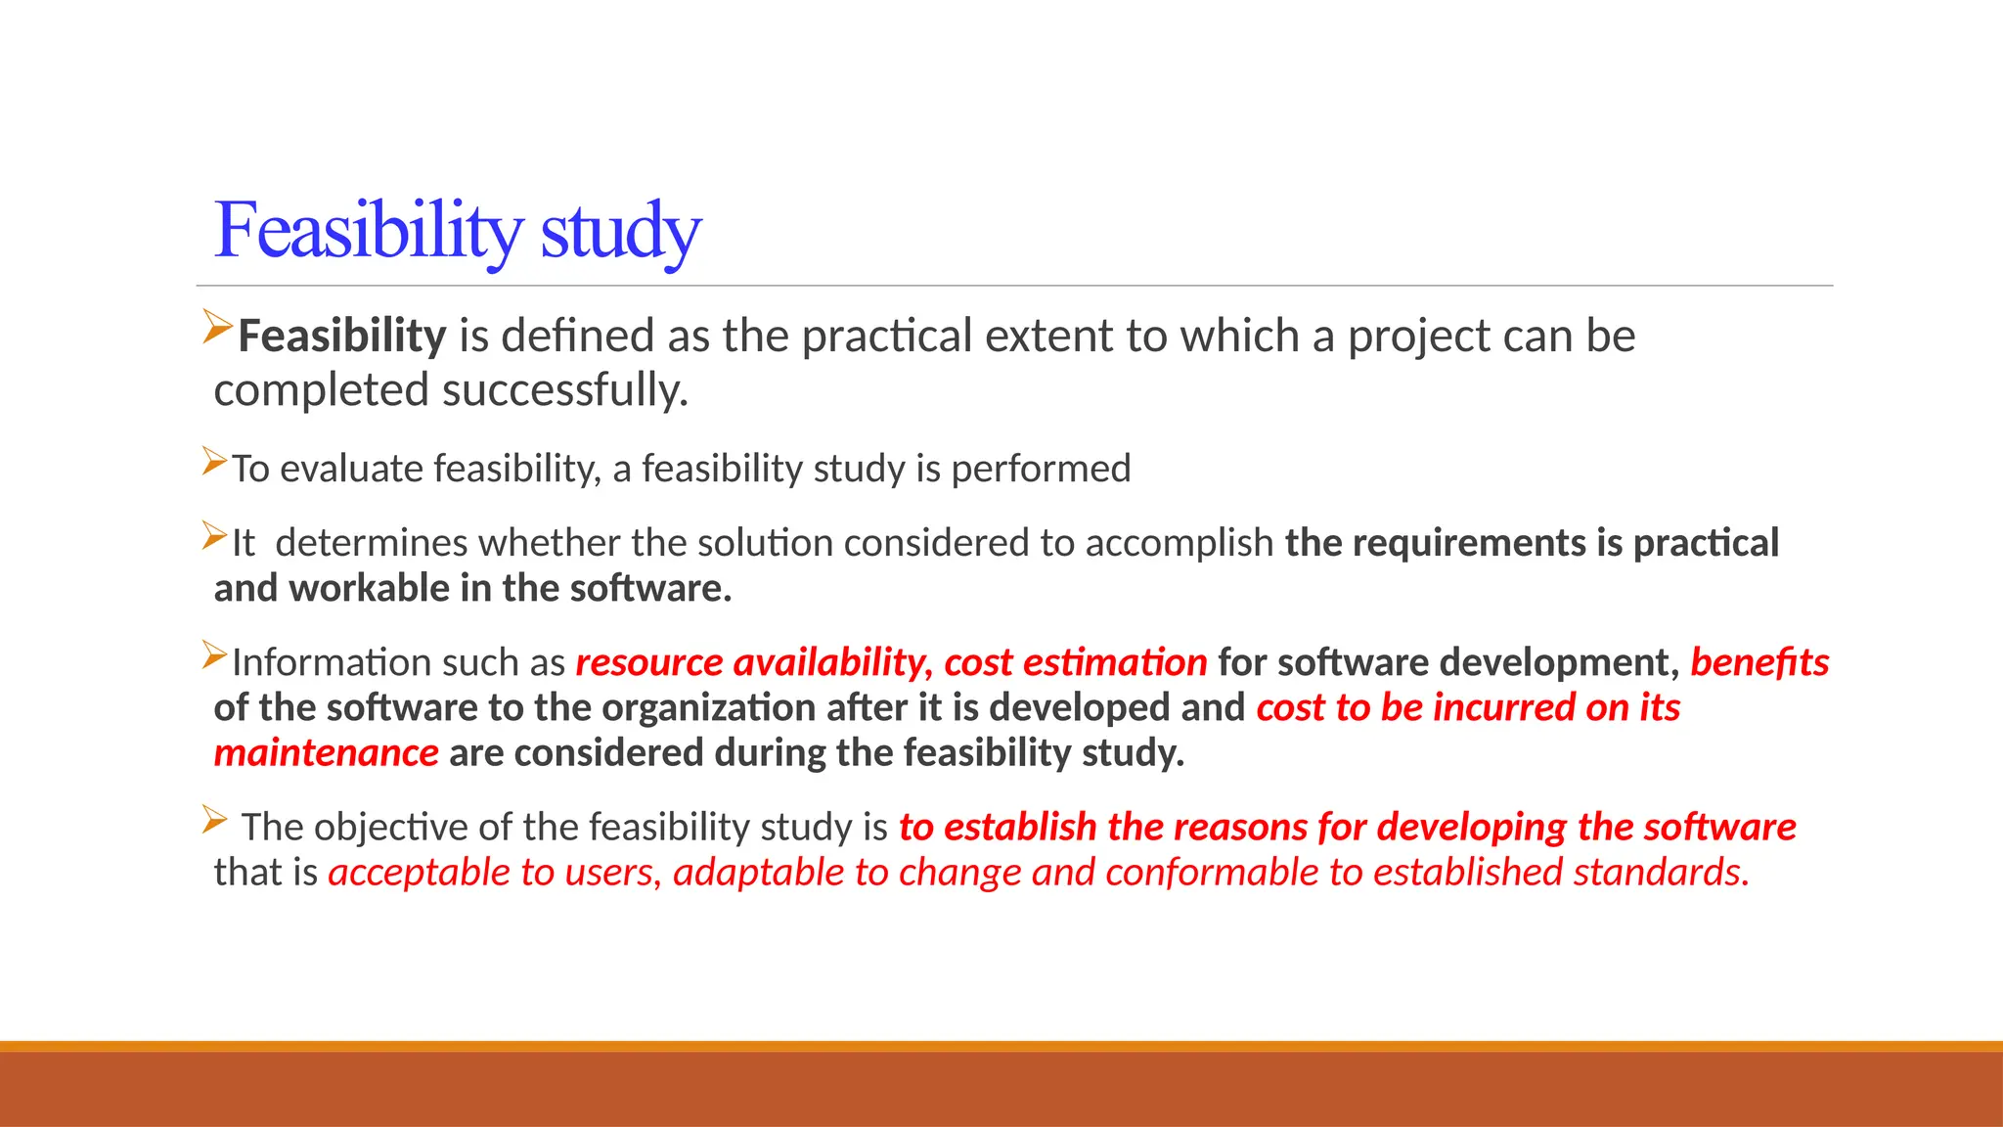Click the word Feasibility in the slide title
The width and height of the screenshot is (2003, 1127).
(368, 231)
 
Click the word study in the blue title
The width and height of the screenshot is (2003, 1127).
(620, 233)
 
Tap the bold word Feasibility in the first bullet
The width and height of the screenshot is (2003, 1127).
(342, 337)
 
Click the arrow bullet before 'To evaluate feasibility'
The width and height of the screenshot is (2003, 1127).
(214, 462)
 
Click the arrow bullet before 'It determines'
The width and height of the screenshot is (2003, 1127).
(214, 536)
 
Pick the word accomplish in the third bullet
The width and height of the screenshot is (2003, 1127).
(1180, 543)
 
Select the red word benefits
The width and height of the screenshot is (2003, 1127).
(1759, 663)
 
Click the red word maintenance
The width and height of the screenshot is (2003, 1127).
(326, 753)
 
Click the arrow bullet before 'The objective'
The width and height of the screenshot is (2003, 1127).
(214, 820)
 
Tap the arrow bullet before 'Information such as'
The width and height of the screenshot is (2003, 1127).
(214, 655)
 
